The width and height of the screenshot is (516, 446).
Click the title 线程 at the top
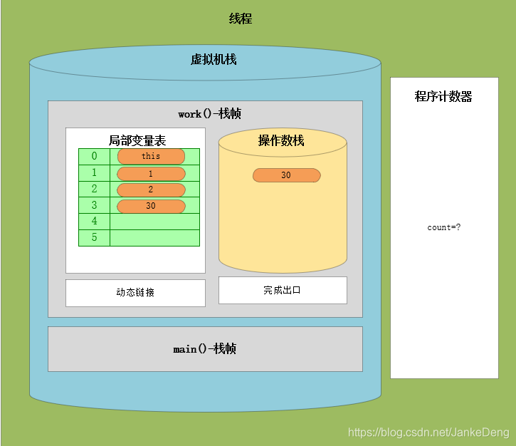pyautogui.click(x=240, y=19)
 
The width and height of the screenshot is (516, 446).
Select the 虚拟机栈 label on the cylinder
pyautogui.click(x=214, y=60)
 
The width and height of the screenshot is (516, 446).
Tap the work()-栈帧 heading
pyautogui.click(x=210, y=114)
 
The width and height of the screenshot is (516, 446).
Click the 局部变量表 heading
pyautogui.click(x=137, y=140)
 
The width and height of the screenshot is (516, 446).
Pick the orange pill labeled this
pyautogui.click(x=151, y=156)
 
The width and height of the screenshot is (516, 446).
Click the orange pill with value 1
pyautogui.click(x=151, y=174)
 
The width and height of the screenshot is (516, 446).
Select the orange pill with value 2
pyautogui.click(x=151, y=190)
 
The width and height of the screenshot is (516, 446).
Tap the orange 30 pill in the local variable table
pyautogui.click(x=151, y=206)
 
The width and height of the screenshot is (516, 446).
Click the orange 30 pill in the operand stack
pyautogui.click(x=286, y=175)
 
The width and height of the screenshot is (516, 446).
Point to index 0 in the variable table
pyautogui.click(x=94, y=156)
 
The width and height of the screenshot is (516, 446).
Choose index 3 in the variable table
pyautogui.click(x=94, y=205)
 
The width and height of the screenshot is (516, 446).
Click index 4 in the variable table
pyautogui.click(x=94, y=222)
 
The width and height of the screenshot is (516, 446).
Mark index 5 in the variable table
pyautogui.click(x=94, y=238)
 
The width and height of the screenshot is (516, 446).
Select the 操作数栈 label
pyautogui.click(x=281, y=140)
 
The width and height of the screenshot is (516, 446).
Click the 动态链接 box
pyautogui.click(x=135, y=293)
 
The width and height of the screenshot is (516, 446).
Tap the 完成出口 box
pyautogui.click(x=282, y=290)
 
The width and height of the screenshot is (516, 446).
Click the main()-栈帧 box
pyautogui.click(x=205, y=349)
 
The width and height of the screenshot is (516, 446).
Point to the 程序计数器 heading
pyautogui.click(x=443, y=97)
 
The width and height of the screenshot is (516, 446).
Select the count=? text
pyautogui.click(x=443, y=228)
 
